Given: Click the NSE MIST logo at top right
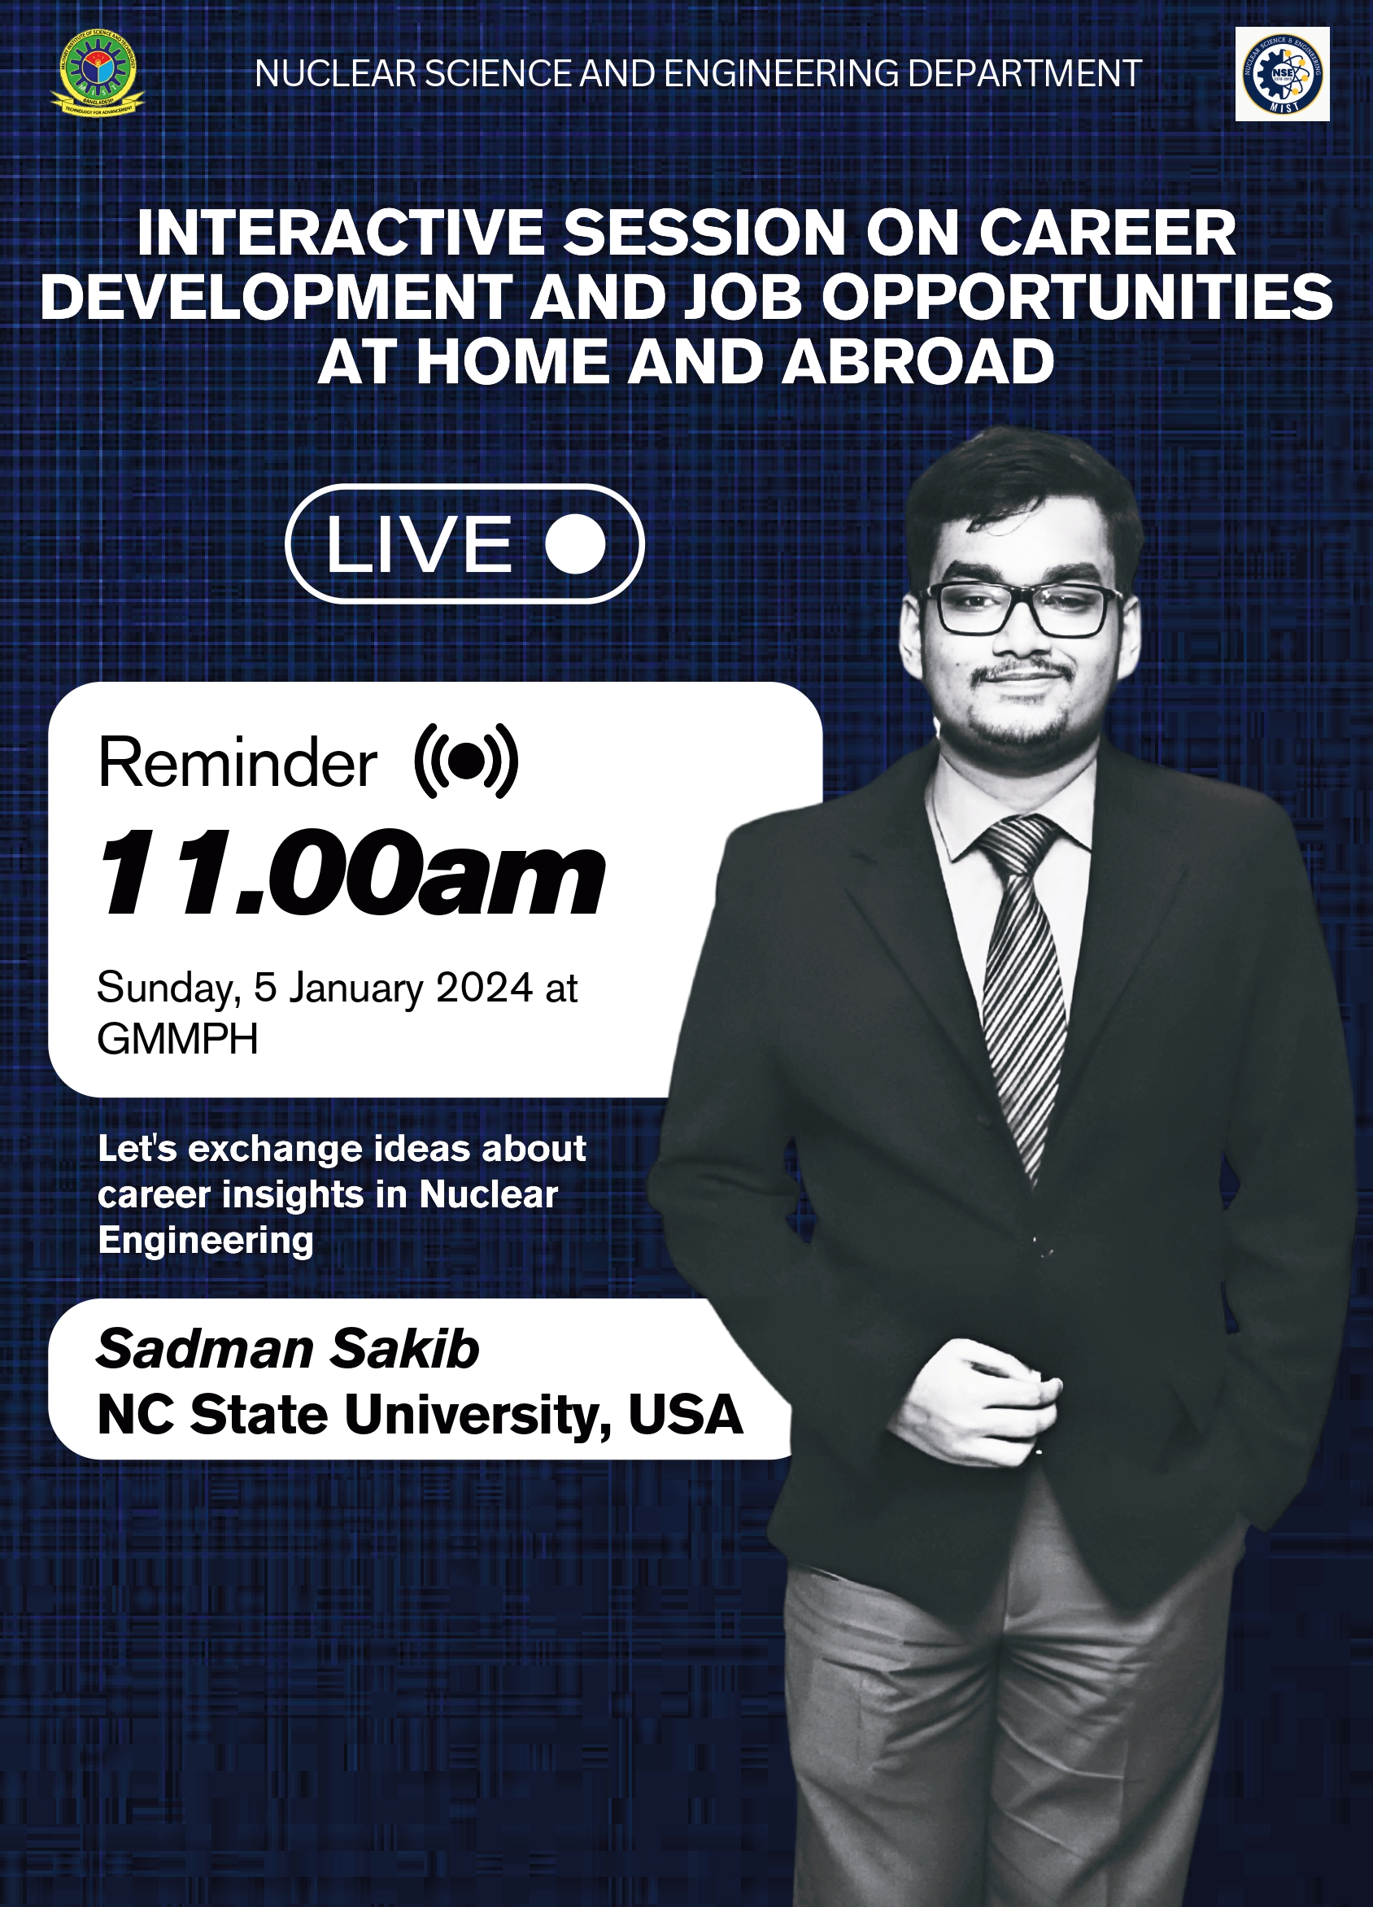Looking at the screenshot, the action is [x=1282, y=74].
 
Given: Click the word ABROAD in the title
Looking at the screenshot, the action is [x=918, y=361].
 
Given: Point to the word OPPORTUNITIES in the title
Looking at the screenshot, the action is [x=1077, y=297].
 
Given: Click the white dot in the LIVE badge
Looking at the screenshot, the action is [x=575, y=543].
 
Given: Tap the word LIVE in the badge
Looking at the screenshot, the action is [x=419, y=544].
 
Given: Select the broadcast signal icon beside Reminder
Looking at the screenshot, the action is [x=466, y=760].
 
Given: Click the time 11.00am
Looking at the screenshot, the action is [x=351, y=872].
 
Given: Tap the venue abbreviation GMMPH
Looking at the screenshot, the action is [x=177, y=1039].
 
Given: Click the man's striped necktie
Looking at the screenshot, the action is [x=1022, y=984].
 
